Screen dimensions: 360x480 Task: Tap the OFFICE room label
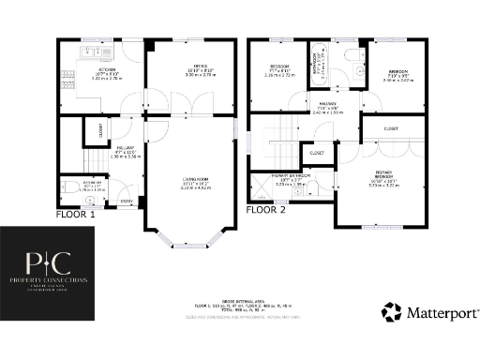(187, 66)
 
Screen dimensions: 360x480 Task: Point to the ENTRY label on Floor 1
(126, 201)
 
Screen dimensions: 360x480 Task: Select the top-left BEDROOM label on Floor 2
(279, 66)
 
